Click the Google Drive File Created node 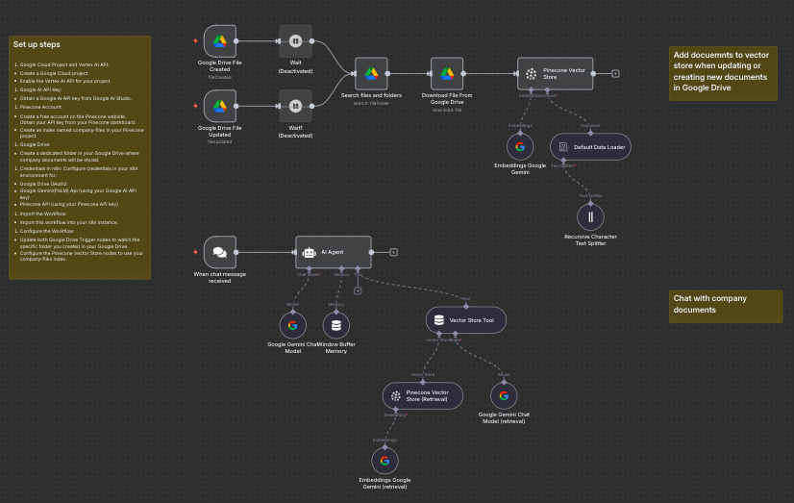(x=220, y=41)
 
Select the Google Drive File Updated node (x=220, y=106)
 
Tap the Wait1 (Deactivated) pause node (x=295, y=106)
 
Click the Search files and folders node (x=371, y=73)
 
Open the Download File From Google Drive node (x=447, y=73)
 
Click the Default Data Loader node (x=590, y=147)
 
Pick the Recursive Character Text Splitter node (x=590, y=216)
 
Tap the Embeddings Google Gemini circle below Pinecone (x=520, y=147)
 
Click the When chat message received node (x=220, y=252)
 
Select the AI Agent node (x=334, y=252)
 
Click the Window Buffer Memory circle (x=335, y=325)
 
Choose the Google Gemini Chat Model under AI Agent (x=293, y=325)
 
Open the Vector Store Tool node (x=465, y=320)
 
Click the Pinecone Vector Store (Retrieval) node (x=422, y=395)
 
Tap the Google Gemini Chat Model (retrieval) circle (x=504, y=395)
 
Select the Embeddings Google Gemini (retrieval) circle (x=385, y=460)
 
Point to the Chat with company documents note (x=726, y=305)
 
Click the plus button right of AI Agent (x=394, y=252)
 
